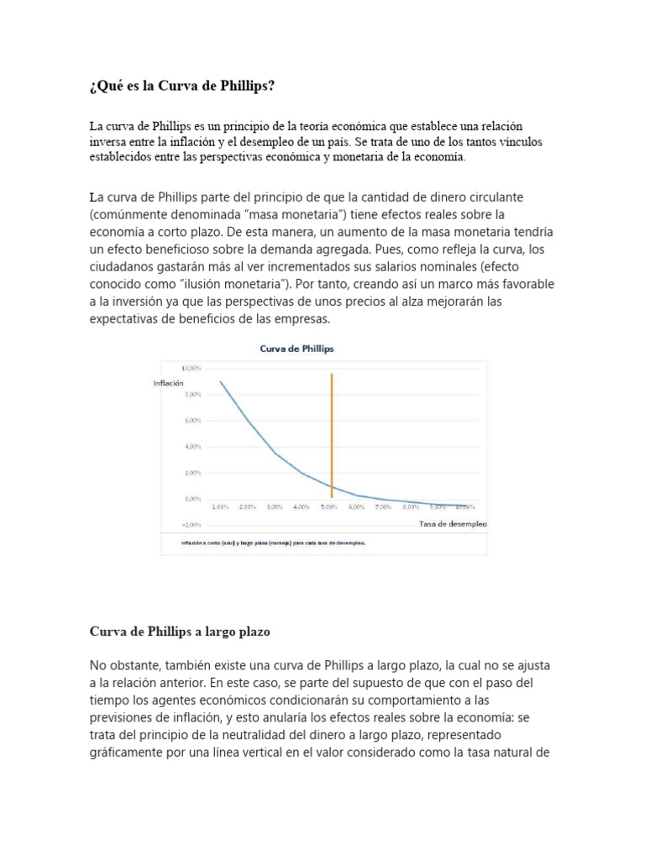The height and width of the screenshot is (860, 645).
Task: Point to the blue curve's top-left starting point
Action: coord(221,382)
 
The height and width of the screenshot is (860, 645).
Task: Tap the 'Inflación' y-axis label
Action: coord(168,383)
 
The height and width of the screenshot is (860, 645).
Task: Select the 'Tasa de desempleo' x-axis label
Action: coord(452,524)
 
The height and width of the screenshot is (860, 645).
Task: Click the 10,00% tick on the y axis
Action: coord(191,368)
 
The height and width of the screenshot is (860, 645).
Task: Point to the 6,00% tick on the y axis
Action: coord(191,420)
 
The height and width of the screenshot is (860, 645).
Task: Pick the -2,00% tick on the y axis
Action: coord(191,525)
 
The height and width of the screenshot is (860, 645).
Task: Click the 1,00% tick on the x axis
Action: coord(221,507)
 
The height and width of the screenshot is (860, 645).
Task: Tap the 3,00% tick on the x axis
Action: coord(275,507)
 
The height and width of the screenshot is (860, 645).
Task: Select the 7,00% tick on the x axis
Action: coord(383,507)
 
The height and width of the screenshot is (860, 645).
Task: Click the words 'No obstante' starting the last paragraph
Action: coord(125,664)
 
